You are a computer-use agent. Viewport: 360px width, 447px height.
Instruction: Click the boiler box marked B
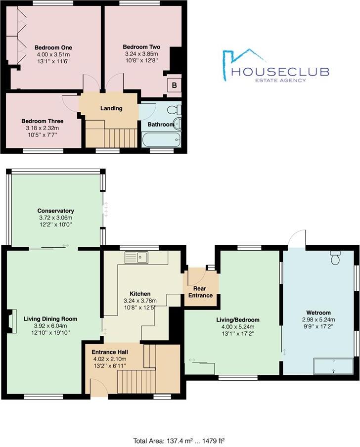tap(174, 85)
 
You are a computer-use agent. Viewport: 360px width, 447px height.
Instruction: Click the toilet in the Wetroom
tap(336, 258)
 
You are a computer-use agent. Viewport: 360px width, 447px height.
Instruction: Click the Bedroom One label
tap(53, 47)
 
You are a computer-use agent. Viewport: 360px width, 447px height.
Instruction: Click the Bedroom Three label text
tap(43, 121)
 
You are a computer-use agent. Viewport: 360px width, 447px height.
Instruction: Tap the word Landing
tap(111, 108)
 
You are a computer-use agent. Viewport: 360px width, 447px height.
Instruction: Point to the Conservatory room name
tap(55, 211)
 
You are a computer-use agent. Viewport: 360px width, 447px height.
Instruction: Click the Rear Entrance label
tap(200, 292)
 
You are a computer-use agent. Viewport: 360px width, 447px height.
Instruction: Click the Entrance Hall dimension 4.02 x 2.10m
tap(109, 359)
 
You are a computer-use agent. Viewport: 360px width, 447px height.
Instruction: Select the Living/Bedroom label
tap(238, 319)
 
